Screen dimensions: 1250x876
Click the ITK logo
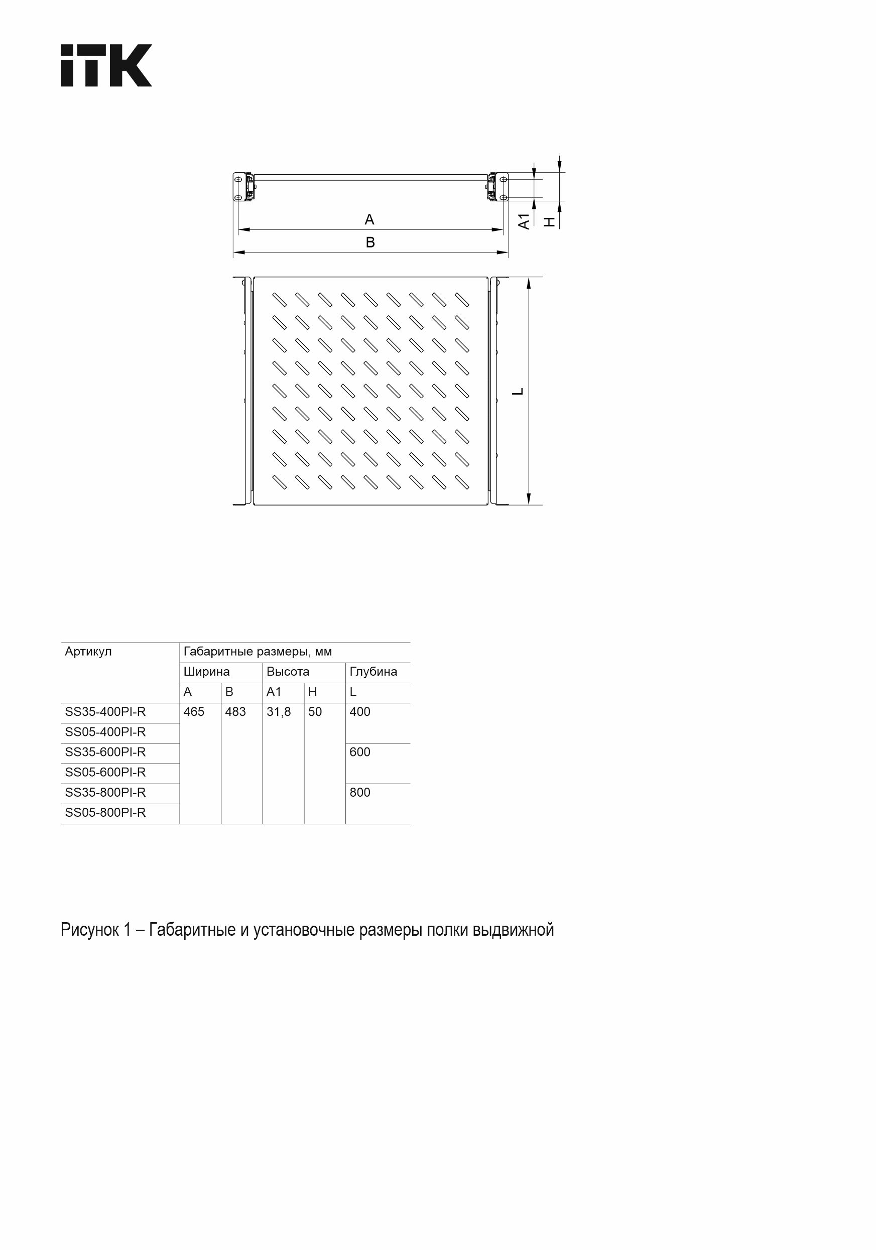[106, 65]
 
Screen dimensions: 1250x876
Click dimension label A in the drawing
[369, 219]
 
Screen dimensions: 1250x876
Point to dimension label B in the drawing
[370, 242]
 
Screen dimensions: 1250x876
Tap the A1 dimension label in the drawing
[524, 221]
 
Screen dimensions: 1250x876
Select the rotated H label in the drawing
[550, 221]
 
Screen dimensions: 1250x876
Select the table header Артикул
[88, 652]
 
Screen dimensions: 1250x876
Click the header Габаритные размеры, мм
[258, 652]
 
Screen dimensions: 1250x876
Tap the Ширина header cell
[206, 672]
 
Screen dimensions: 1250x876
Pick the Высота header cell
[288, 672]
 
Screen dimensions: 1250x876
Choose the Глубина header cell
[373, 672]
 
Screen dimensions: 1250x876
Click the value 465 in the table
[194, 712]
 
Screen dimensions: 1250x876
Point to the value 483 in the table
[235, 712]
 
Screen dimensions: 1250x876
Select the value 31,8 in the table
[279, 712]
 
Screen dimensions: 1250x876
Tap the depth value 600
[360, 753]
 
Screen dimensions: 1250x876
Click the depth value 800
[360, 793]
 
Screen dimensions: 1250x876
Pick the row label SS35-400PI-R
[105, 712]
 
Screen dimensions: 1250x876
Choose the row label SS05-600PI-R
[105, 773]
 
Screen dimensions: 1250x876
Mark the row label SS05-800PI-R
[105, 813]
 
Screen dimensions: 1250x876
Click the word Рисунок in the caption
[89, 930]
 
